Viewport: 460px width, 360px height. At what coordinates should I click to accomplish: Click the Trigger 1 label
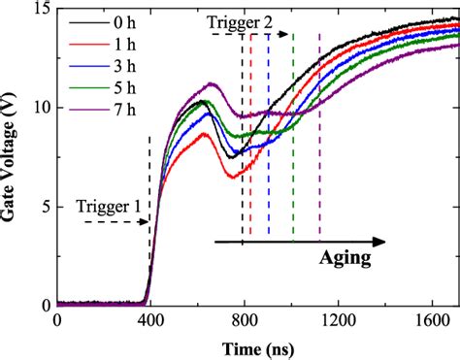click(109, 206)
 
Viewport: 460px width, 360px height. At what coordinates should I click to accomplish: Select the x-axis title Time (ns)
click(257, 347)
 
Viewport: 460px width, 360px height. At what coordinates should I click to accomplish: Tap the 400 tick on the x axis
click(149, 320)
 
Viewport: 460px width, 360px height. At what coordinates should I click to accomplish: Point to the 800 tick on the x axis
click(243, 320)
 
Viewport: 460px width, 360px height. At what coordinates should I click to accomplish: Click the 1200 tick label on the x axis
click(336, 320)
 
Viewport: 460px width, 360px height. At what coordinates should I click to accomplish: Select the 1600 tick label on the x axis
click(428, 320)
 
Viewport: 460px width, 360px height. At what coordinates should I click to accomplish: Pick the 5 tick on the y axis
click(43, 206)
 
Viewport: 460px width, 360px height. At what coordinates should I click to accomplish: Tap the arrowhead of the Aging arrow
click(380, 242)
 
